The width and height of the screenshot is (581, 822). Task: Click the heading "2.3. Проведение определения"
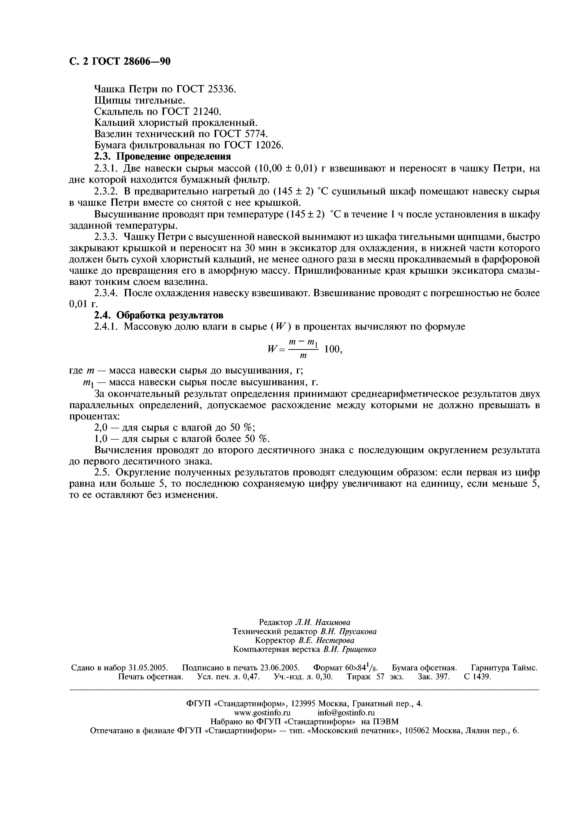coord(162,157)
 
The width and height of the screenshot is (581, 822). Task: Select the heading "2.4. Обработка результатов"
coord(159,315)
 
